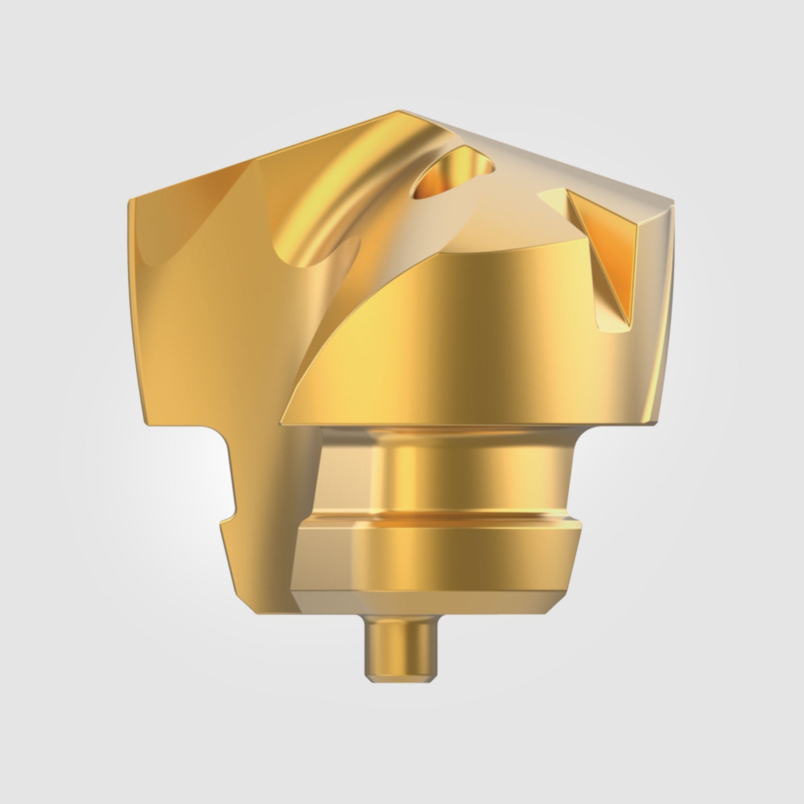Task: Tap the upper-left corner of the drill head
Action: pyautogui.click(x=130, y=201)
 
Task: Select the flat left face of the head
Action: pyautogui.click(x=188, y=313)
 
